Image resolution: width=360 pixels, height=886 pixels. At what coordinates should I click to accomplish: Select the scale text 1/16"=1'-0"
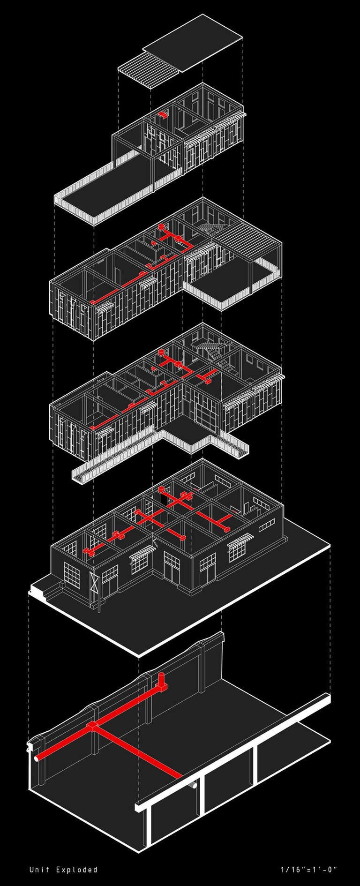309,869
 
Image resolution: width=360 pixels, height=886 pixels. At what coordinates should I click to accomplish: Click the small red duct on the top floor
163,114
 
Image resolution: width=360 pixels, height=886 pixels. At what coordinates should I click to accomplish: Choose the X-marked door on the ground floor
94,582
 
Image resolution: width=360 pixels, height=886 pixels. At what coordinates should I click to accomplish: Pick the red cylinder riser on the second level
162,353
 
